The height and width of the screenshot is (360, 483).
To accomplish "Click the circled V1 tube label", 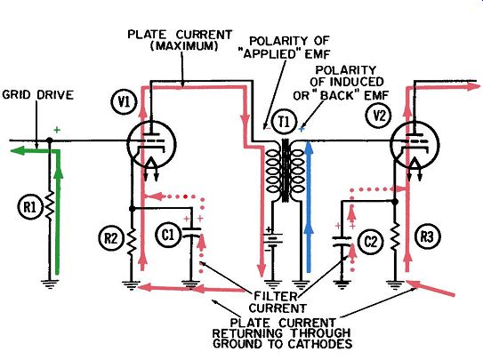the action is click(x=125, y=102).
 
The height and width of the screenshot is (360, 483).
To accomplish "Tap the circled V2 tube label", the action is click(x=379, y=116).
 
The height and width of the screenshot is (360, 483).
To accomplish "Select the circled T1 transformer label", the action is click(x=284, y=123).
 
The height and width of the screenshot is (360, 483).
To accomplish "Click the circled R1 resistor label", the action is click(x=29, y=207).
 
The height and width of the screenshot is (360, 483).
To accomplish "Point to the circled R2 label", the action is click(x=110, y=238).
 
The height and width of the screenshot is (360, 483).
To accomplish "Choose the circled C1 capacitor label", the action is click(x=167, y=235).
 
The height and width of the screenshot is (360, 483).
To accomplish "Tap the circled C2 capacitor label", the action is click(x=371, y=242).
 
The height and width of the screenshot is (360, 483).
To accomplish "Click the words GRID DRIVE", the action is click(x=37, y=95).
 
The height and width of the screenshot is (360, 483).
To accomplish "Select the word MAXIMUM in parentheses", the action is click(x=184, y=46).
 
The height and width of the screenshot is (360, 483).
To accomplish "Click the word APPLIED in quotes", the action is click(x=270, y=54).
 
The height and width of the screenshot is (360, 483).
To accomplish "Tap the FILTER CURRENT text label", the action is click(x=278, y=302).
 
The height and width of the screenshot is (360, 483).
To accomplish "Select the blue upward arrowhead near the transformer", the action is click(x=309, y=149).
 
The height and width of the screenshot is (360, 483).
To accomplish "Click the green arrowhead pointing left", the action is click(x=17, y=151).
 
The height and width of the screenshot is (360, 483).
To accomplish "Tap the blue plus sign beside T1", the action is click(x=302, y=129).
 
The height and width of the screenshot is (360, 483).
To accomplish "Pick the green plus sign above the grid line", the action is click(x=57, y=130).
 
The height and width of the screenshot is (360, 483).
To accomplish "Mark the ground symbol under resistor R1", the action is click(x=49, y=284).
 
